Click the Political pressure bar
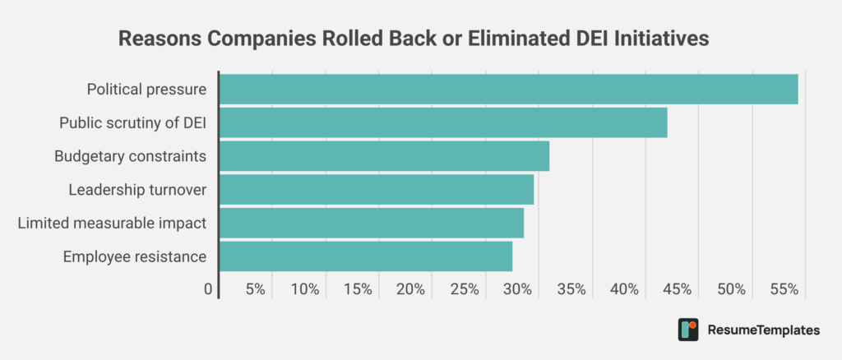coord(508,89)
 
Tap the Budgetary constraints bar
coord(383,156)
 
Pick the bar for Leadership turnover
coord(376,190)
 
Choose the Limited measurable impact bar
coord(371,223)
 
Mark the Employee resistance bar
coord(365,256)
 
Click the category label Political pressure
coord(146,89)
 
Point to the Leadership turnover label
coord(137,190)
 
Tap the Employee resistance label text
coord(134,256)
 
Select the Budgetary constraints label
coord(130,156)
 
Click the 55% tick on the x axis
coord(785,289)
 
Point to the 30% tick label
coord(518,289)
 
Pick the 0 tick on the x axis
coord(208,289)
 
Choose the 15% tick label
coord(358,289)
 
